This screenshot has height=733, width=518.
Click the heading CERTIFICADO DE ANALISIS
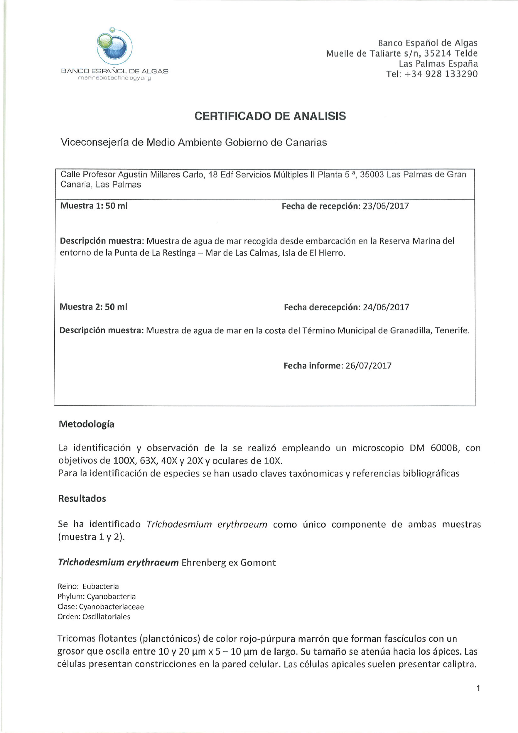(x=270, y=116)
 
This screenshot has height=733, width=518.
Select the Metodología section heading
(x=86, y=424)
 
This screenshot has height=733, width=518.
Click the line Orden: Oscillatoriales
(x=94, y=616)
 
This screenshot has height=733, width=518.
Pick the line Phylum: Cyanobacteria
(x=96, y=596)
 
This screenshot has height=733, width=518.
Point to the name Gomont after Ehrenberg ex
(x=258, y=563)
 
